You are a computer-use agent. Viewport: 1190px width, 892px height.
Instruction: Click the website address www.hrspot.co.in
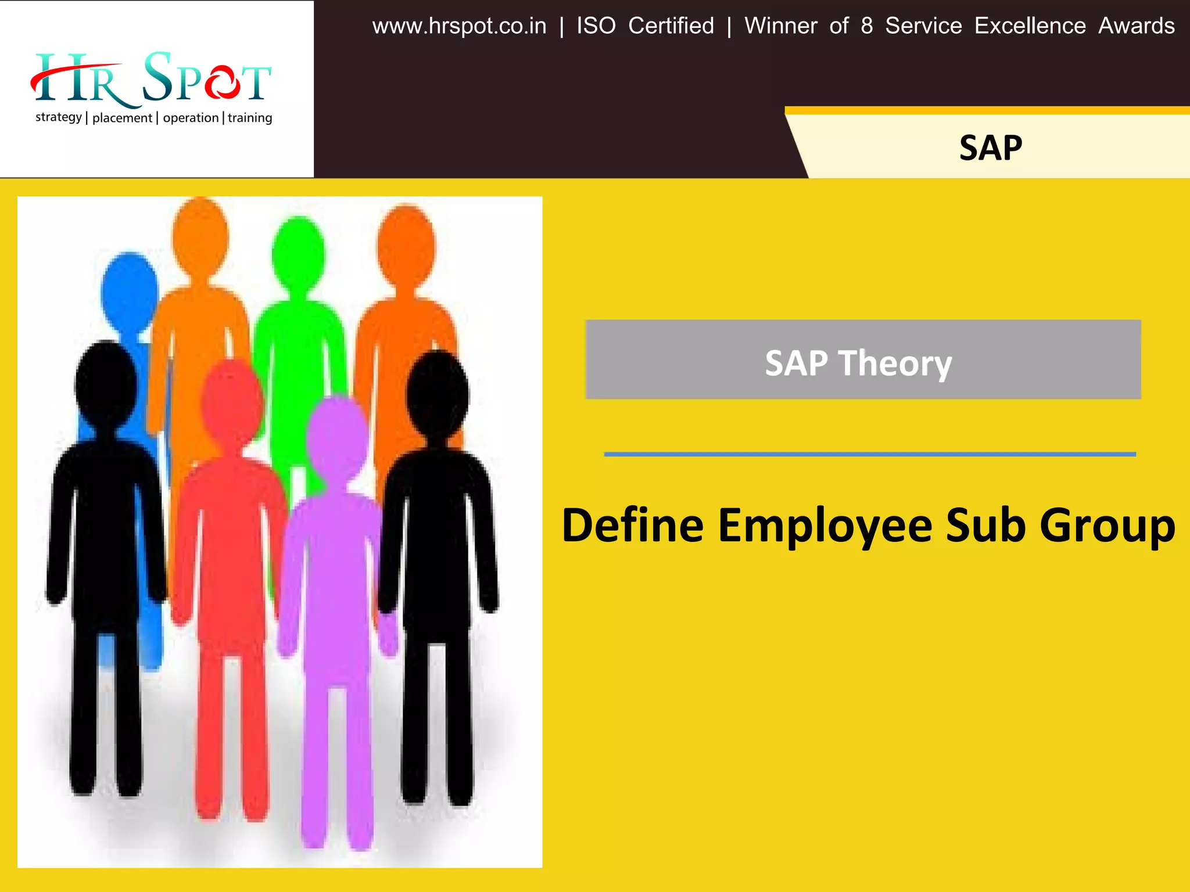459,26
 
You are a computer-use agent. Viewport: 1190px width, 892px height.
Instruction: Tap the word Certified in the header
671,26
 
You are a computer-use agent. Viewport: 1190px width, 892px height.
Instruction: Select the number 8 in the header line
866,26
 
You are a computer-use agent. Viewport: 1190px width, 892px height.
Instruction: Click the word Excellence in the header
1030,26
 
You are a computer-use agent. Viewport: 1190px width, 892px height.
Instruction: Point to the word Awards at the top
1136,26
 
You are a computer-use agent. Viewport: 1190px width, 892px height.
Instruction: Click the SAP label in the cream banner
990,148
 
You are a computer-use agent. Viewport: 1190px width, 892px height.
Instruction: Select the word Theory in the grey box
895,364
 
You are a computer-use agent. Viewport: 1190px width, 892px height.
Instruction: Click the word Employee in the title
825,526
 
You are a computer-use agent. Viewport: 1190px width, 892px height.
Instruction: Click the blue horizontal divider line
869,454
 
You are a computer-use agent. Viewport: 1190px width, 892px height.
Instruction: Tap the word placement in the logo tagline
122,118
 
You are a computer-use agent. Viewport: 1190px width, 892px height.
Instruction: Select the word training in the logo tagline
250,118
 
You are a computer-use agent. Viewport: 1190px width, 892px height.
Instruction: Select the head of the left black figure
106,383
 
